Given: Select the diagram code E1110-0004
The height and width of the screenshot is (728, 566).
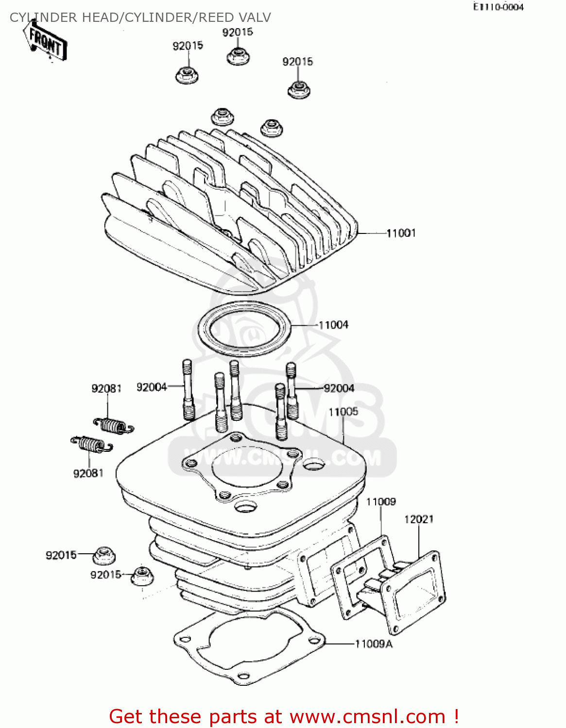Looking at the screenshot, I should tap(498, 7).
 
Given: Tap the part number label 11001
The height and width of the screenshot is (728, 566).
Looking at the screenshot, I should tap(401, 233).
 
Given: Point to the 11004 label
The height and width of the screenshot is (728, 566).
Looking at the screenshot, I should tap(333, 325).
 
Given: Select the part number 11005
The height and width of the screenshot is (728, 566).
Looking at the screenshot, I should tap(343, 412).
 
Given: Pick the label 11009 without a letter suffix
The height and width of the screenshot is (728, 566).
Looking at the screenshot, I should tap(381, 502).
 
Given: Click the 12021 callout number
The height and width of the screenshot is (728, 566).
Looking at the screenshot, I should tap(418, 519).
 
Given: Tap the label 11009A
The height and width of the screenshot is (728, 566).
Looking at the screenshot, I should tap(374, 644).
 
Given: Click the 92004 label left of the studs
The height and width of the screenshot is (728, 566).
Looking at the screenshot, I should tap(152, 387).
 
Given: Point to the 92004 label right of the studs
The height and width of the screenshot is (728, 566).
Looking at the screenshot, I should tap(339, 388).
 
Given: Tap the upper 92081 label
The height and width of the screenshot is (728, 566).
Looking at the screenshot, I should tap(106, 389).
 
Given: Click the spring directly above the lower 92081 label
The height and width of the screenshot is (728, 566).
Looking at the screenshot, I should tap(90, 444).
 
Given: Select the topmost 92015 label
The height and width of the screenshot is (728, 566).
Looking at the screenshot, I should tap(238, 33).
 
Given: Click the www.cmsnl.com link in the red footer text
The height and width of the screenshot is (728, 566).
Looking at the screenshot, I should tap(367, 716).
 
